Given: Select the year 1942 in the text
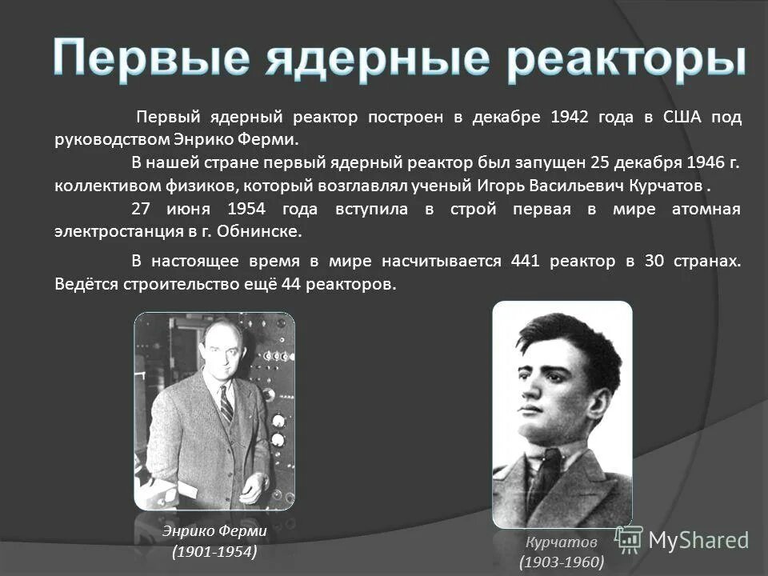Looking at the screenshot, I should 570,118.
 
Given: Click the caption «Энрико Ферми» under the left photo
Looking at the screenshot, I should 214,530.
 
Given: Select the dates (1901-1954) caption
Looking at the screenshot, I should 214,552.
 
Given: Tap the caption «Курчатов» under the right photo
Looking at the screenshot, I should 562,541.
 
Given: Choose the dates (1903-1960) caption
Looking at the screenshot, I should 562,562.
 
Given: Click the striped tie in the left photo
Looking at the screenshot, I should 226,405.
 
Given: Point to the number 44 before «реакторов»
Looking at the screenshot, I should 291,285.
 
